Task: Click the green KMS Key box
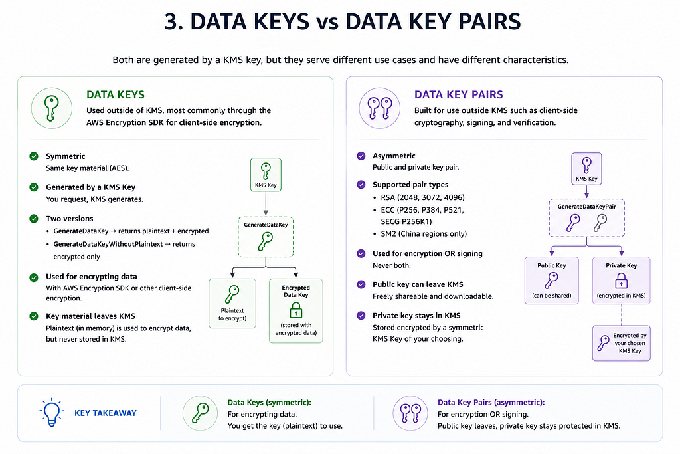click(x=266, y=174)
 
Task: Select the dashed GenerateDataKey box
click(x=266, y=237)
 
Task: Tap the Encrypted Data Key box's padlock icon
click(x=296, y=310)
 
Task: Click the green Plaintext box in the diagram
click(x=232, y=303)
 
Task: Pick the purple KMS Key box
click(x=586, y=169)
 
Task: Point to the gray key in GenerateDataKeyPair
click(x=600, y=223)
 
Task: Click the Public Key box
click(x=552, y=281)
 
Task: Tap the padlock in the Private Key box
click(x=622, y=281)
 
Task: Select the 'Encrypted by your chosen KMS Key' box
click(x=622, y=343)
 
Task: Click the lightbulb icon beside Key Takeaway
click(x=52, y=412)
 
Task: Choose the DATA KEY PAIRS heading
click(x=458, y=94)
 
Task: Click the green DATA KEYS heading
click(x=116, y=94)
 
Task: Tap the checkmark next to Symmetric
click(x=34, y=156)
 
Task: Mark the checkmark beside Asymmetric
click(x=361, y=156)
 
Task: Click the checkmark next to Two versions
click(x=34, y=219)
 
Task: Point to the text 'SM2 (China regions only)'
click(x=424, y=234)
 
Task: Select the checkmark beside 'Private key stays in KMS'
click(x=361, y=316)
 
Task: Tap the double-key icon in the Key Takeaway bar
click(x=410, y=413)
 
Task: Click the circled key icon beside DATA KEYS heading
click(x=52, y=108)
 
